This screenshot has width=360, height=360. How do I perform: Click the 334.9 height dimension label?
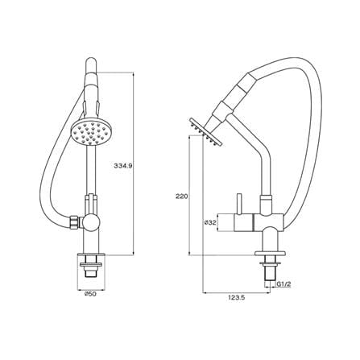coord(123,166)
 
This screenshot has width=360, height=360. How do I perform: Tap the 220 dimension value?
coord(182,197)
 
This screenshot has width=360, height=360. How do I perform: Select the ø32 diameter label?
coord(210,222)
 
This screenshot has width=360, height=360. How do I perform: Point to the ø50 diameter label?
coord(90,294)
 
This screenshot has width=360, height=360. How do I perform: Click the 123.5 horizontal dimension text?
coord(237,298)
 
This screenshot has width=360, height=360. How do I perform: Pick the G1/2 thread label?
coord(283,284)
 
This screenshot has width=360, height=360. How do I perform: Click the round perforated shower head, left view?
coord(91,133)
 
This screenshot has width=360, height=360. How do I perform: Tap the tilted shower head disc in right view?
coord(205,132)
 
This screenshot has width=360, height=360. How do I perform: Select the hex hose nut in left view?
coord(74,222)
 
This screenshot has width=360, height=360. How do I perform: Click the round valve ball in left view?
coord(91,222)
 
